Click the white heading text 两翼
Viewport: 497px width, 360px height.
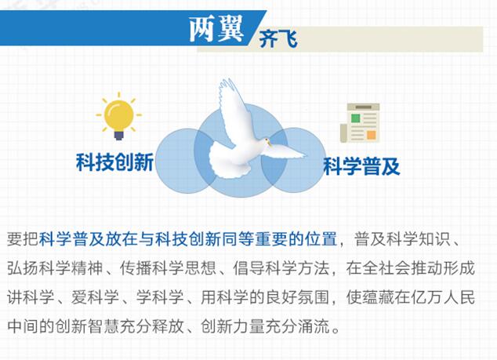tap(216, 29)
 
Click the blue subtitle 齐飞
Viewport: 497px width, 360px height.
tap(278, 39)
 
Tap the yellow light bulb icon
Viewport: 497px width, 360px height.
tap(119, 116)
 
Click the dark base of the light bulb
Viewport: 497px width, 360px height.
tap(119, 136)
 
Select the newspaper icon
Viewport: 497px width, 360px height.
tap(360, 123)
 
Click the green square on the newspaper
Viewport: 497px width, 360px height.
tap(356, 118)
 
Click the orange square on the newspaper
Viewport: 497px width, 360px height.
tap(372, 135)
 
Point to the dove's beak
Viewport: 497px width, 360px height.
tap(270, 144)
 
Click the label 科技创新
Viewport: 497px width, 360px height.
tap(114, 162)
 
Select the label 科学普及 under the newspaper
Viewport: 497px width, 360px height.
tap(361, 166)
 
